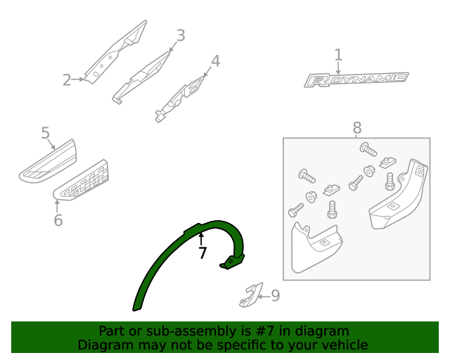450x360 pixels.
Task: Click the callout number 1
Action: (x=338, y=55)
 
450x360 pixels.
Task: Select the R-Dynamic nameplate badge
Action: (x=356, y=79)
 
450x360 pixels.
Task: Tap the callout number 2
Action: (x=67, y=80)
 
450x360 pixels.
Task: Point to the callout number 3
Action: (x=181, y=35)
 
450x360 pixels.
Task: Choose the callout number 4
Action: (x=216, y=61)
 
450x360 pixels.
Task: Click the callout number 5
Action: (x=45, y=133)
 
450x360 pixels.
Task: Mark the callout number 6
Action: (x=58, y=221)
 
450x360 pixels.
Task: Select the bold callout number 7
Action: (x=202, y=253)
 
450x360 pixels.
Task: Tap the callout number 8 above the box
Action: (x=357, y=128)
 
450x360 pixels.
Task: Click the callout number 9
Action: (x=275, y=296)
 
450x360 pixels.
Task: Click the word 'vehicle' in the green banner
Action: (x=344, y=345)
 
